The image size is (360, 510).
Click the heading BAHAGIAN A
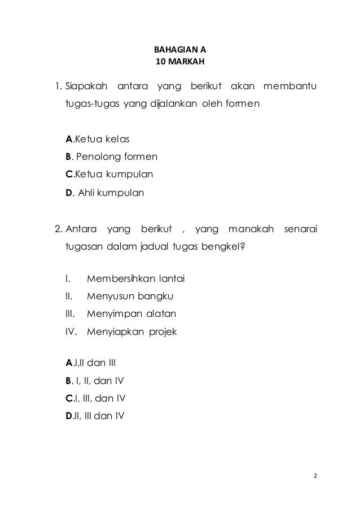(x=180, y=49)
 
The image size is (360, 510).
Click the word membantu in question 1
(x=290, y=87)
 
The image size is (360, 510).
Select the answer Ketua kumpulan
(x=109, y=174)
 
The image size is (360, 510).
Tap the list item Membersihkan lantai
(x=136, y=279)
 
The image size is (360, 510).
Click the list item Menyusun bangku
(x=130, y=296)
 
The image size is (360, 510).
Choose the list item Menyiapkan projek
(x=131, y=332)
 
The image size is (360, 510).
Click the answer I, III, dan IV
(x=95, y=399)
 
